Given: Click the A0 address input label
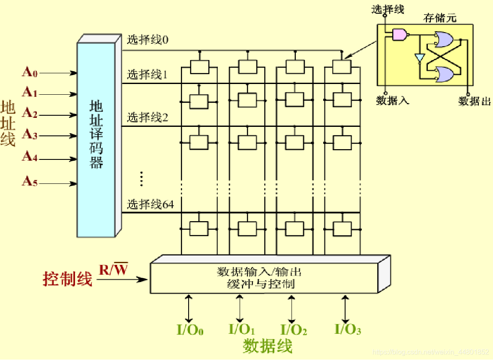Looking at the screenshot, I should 30,72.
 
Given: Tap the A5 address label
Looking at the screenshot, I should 30,182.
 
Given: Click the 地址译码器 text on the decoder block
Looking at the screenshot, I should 96,135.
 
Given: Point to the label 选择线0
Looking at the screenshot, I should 148,40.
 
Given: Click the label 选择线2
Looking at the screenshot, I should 148,117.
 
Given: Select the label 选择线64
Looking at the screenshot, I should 150,204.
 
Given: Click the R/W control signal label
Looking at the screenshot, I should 114,270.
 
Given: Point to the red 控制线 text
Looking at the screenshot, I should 67,279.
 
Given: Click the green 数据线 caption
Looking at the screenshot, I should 268,346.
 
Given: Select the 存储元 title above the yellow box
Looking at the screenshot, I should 440,18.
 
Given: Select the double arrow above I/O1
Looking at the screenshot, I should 240,308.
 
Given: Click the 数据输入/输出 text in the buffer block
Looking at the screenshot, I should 259,272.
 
